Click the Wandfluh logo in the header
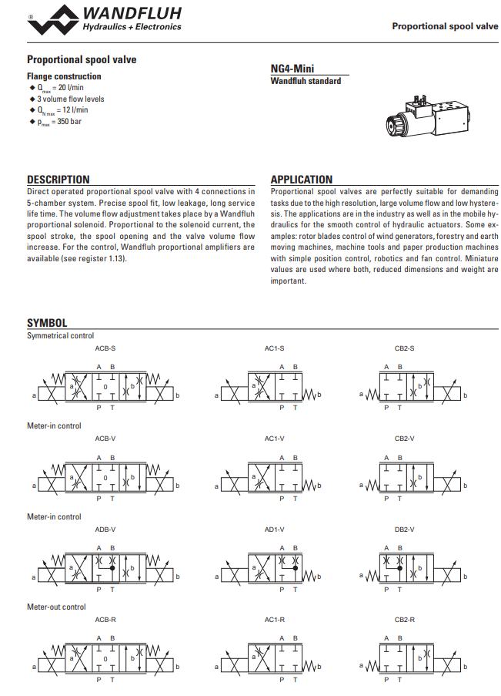coord(105,18)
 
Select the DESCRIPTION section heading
coord(58,180)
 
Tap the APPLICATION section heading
coord(302,180)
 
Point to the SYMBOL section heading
coord(47,323)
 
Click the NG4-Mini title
coord(292,69)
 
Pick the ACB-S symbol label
coord(105,348)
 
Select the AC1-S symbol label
coord(275,348)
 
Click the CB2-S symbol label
coord(405,348)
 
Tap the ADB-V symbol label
coord(105,530)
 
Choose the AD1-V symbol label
coord(275,530)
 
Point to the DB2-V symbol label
coord(405,530)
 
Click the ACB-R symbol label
coord(105,620)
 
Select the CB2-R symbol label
coord(405,620)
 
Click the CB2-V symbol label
coord(405,439)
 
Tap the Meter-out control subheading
coord(56,607)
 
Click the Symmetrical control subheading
coord(61,336)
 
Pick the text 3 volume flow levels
coord(70,99)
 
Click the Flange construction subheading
coord(64,76)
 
